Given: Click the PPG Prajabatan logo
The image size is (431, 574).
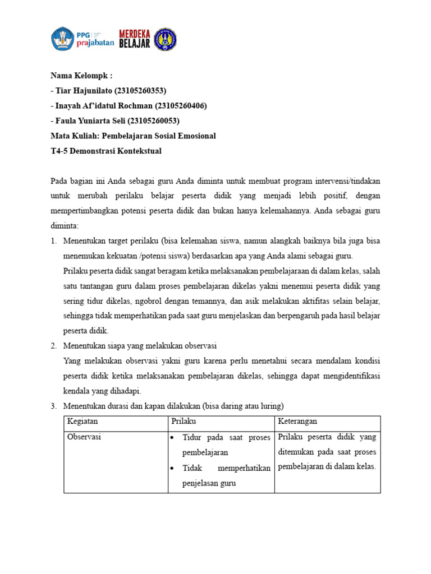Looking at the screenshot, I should [x=82, y=39].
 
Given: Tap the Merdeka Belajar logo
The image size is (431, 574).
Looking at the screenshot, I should [x=135, y=39].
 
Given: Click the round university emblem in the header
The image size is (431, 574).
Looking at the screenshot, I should [x=164, y=39].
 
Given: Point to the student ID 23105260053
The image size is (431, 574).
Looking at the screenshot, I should [x=154, y=121].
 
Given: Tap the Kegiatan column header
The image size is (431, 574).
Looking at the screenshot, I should [x=82, y=421].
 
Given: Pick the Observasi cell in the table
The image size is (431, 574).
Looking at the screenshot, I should [x=84, y=437].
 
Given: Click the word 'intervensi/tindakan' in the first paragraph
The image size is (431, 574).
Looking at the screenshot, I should [x=345, y=182].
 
